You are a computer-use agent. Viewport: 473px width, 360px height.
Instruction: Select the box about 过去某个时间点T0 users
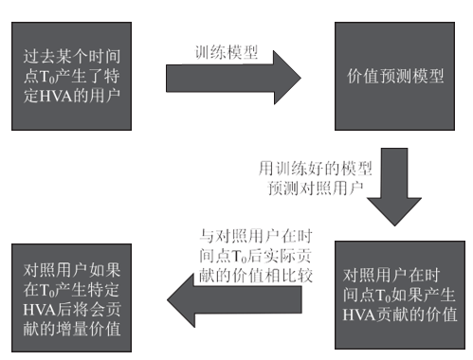[x=72, y=76]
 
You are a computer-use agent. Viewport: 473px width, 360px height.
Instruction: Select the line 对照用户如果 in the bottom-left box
[x=72, y=269]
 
